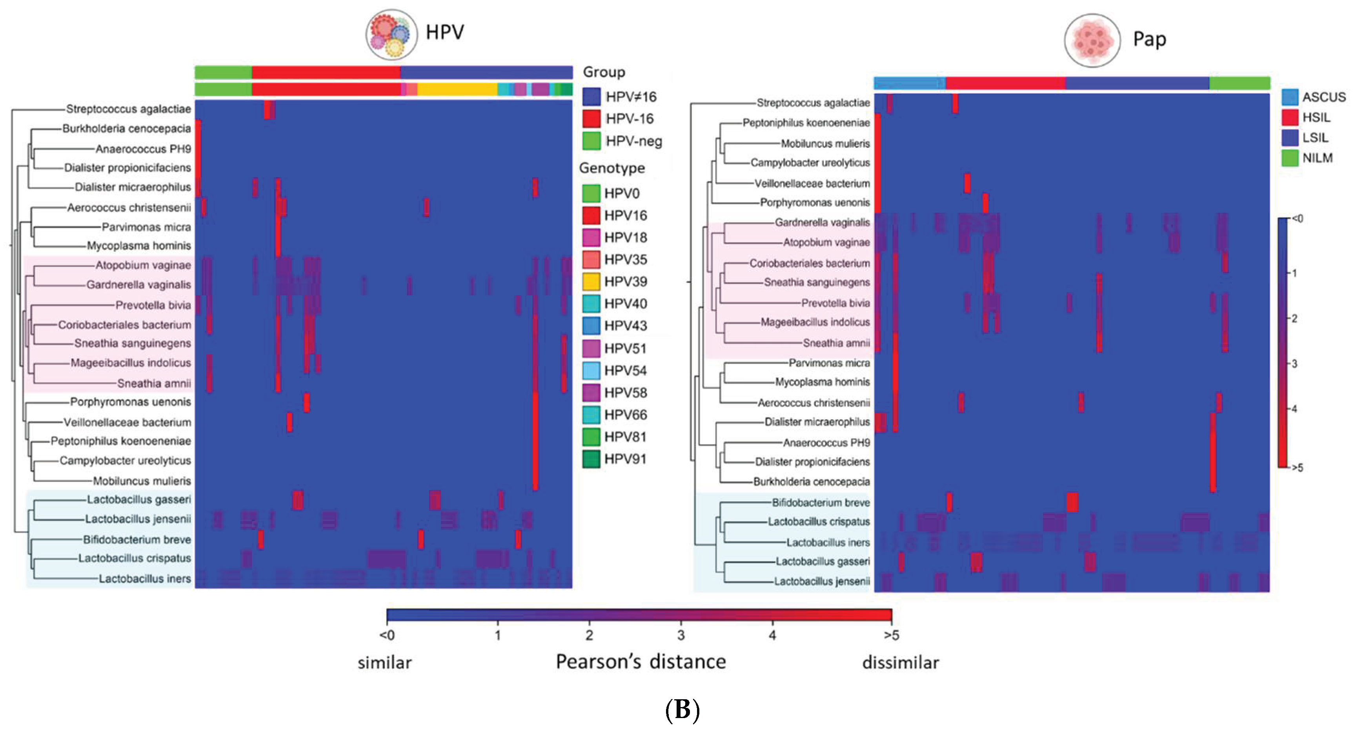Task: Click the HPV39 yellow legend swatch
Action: click(591, 282)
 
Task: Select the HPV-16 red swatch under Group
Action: click(591, 119)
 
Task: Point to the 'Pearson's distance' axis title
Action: click(641, 661)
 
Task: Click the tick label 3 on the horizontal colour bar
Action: click(681, 635)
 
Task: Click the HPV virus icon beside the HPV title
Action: click(391, 34)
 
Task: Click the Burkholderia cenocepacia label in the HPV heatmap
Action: click(126, 129)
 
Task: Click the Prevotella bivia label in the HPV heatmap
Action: click(153, 305)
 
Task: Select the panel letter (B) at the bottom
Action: click(682, 709)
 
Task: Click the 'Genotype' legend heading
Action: click(612, 168)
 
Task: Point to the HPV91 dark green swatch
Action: click(591, 459)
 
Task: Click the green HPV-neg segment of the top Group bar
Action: click(223, 73)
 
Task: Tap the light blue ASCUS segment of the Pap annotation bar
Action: click(909, 83)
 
